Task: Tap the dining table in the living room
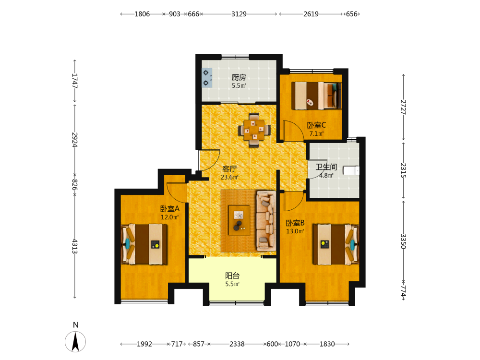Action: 254,130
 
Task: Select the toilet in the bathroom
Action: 351,170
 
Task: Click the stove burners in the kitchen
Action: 206,78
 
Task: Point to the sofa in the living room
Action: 266,221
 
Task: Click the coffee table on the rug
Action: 239,220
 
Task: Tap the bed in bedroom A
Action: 144,244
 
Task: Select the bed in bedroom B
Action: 336,244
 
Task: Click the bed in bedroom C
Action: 316,95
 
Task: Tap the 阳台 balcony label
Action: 232,276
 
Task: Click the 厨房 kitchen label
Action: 239,77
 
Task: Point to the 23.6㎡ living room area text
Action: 229,177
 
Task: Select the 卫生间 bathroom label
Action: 326,167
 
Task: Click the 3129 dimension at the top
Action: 239,14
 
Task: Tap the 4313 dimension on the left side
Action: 75,246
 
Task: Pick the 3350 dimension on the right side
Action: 404,241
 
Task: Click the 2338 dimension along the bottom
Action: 237,344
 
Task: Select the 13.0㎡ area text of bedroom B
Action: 295,231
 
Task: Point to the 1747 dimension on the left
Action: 75,81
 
